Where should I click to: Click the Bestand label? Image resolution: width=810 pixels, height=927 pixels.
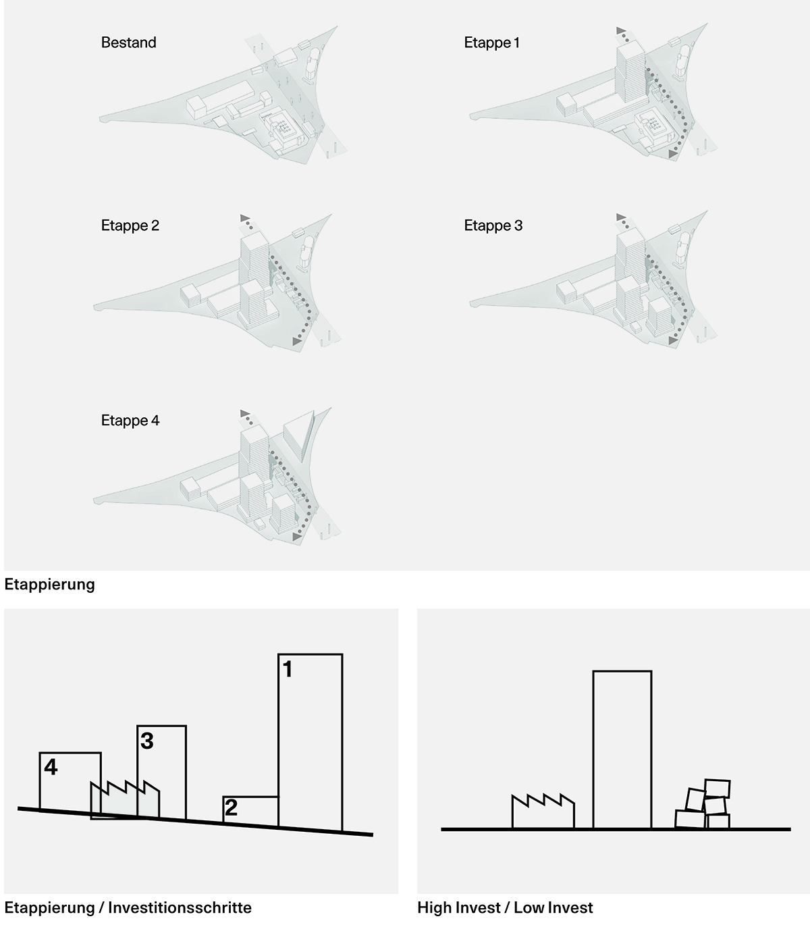(x=129, y=43)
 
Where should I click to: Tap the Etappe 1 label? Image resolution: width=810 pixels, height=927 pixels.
(x=491, y=43)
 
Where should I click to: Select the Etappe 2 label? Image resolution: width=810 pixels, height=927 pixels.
(x=130, y=226)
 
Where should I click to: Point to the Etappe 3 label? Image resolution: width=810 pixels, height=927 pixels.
(x=493, y=226)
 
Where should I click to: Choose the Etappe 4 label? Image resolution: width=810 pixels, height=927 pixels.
(x=130, y=420)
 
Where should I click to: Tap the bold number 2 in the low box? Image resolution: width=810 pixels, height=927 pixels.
(x=231, y=808)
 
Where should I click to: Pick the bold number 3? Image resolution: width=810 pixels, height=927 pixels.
(x=146, y=741)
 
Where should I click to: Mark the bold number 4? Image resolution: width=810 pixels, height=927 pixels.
(x=51, y=767)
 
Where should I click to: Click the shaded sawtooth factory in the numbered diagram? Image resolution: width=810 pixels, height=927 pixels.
(x=125, y=801)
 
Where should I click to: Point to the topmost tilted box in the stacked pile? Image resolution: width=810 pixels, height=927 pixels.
(x=717, y=789)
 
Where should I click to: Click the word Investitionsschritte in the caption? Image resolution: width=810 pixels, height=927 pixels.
(x=180, y=907)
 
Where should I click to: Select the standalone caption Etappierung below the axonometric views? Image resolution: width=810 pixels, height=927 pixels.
(x=50, y=584)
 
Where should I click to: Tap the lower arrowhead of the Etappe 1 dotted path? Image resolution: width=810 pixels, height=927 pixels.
(x=673, y=155)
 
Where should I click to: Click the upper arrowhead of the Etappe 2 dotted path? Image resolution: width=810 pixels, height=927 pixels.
(x=244, y=218)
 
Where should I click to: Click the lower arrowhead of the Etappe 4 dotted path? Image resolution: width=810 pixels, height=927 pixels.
(x=297, y=537)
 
